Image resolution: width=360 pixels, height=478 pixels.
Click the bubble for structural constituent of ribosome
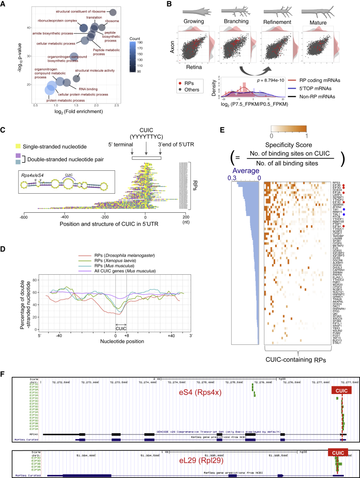(x=113, y=13)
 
